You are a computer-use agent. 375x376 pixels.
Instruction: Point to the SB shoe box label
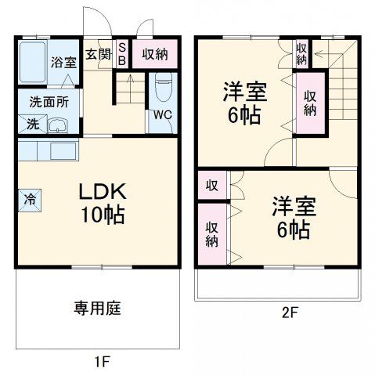pos(121,54)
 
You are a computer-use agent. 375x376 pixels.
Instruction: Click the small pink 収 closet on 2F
pos(211,186)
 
